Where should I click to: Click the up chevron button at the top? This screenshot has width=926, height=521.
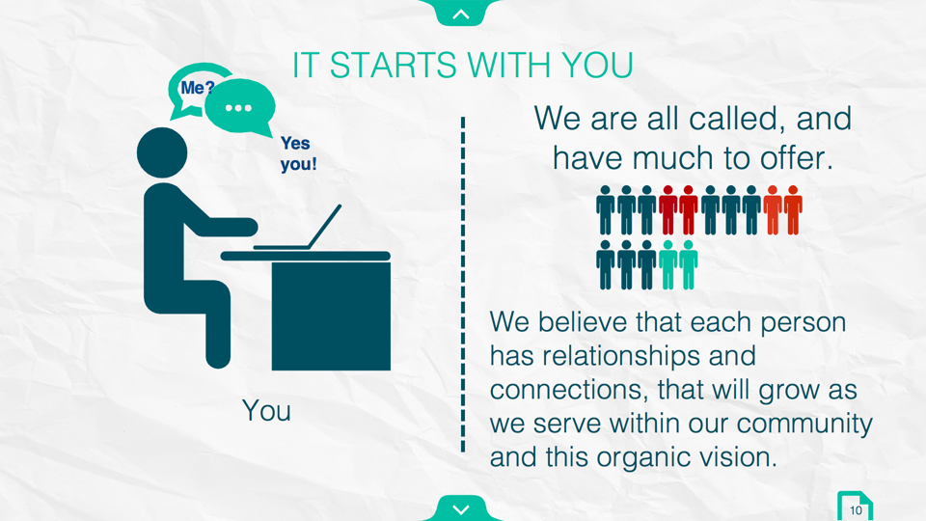461,12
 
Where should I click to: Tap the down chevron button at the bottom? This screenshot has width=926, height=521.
461,508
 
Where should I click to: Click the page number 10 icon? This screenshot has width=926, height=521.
855,507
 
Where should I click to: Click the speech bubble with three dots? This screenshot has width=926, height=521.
239,107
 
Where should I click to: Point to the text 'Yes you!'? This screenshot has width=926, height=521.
298,153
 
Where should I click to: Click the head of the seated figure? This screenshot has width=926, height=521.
162,152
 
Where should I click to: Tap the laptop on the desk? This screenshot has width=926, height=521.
298,228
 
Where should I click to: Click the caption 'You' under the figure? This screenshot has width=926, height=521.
266,411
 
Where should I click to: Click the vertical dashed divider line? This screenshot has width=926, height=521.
463,285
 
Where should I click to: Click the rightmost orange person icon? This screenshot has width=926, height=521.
793,210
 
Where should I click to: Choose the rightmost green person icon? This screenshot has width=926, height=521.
688,264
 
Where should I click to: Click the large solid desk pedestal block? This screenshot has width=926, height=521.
331,316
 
